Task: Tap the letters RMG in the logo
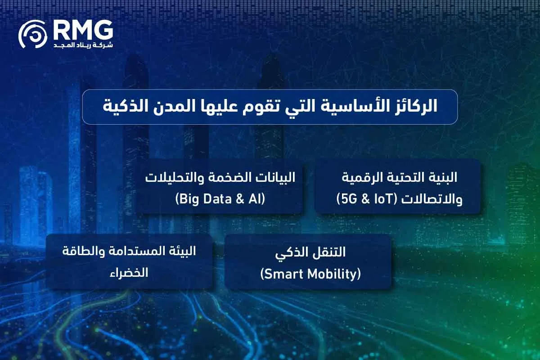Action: [x=82, y=30]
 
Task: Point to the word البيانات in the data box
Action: [x=273, y=178]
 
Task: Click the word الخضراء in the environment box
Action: [x=130, y=273]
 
